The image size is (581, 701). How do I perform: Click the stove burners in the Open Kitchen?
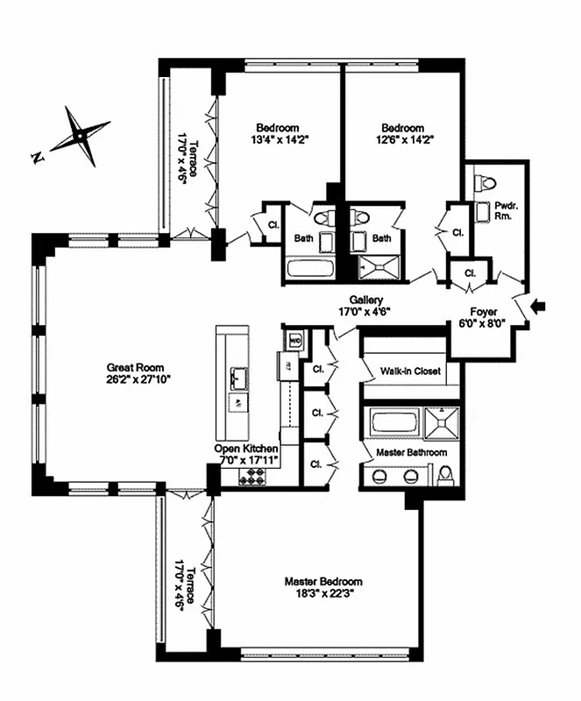tap(253, 476)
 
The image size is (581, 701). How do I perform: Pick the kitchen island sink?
tap(236, 378)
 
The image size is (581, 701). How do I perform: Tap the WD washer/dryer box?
tap(295, 339)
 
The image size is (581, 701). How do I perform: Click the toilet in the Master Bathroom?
tap(445, 475)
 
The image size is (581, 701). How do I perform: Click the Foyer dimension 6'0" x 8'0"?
tap(483, 322)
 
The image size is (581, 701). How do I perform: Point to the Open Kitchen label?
tap(246, 448)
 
